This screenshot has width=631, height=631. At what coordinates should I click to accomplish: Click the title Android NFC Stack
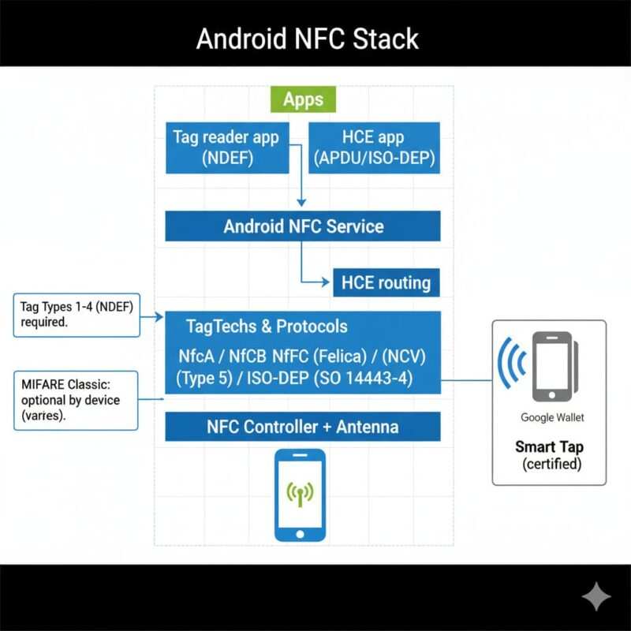pos(307,39)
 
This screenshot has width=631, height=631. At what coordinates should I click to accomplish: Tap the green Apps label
pos(303,99)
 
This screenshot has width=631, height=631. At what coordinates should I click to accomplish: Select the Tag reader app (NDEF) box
pos(226,147)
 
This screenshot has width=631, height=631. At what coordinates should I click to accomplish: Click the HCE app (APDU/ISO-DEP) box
pos(374,147)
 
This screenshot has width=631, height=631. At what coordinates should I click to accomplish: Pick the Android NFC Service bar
pos(303,226)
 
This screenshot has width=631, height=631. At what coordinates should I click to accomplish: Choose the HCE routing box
pos(386,282)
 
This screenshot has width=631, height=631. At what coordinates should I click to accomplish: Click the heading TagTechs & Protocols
pos(267,326)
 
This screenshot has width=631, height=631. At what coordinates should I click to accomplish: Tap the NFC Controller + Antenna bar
pos(303,427)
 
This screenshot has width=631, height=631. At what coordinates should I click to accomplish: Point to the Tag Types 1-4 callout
pos(77,315)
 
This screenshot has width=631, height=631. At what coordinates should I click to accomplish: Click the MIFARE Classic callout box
pos(76,400)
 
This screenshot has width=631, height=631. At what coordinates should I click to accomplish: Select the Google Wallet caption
pos(552,417)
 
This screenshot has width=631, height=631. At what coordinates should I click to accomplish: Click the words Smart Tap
pos(549,446)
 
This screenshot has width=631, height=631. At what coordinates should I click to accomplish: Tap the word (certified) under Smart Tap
pos(551,464)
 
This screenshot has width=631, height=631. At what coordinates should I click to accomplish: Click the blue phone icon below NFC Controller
pos(300,495)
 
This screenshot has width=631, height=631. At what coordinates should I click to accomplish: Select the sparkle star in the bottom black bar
pos(596,597)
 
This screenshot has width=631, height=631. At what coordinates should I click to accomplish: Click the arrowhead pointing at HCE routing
pos(326,282)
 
